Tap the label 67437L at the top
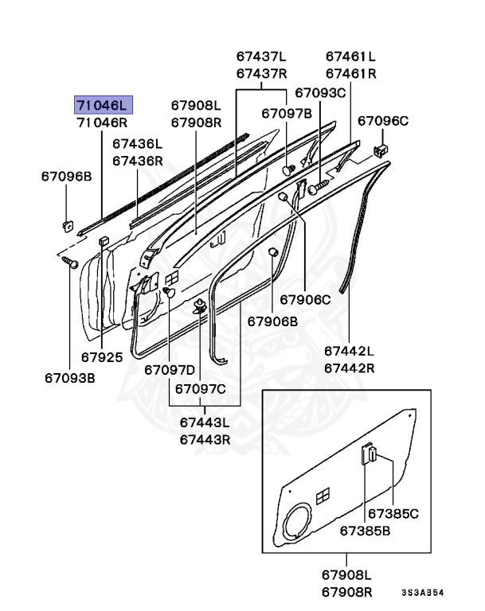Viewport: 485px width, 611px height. coord(261,56)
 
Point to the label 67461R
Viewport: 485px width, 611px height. coord(351,74)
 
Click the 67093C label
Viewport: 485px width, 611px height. coord(320,93)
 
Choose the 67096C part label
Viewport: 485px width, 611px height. coord(382,121)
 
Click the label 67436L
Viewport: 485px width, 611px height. coord(137,144)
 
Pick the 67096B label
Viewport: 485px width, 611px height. coord(67,177)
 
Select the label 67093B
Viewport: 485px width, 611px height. coord(70,377)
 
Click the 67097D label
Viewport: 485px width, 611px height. coord(170,370)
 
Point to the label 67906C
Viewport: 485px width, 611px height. coord(304,300)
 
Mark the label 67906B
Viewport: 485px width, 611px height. coord(272,321)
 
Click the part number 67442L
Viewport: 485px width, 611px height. coord(349,351)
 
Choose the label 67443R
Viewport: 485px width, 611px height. coord(205,439)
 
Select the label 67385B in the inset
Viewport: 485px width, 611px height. coord(366,531)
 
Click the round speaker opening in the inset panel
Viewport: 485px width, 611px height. coord(299,525)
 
